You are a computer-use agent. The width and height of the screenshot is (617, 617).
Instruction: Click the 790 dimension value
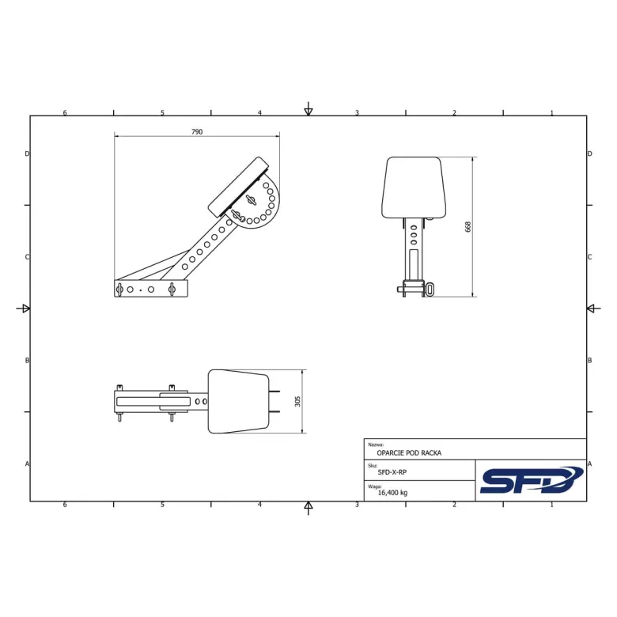(x=197, y=132)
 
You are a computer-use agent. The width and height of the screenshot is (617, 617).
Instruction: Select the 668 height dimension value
(x=467, y=227)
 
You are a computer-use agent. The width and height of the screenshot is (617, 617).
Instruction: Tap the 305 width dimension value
(x=297, y=401)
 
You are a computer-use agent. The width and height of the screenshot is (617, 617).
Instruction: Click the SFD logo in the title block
(x=532, y=480)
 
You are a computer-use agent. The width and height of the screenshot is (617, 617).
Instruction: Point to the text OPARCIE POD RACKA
(x=409, y=453)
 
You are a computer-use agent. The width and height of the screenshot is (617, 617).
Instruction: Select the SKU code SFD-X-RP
(x=392, y=472)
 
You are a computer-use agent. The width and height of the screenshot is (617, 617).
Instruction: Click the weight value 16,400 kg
(x=392, y=493)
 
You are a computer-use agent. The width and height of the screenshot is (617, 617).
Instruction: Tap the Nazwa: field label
(x=376, y=445)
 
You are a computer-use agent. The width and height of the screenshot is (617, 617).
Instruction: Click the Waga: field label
(x=375, y=486)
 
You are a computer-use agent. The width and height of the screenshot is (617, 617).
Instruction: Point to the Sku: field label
(x=373, y=466)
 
